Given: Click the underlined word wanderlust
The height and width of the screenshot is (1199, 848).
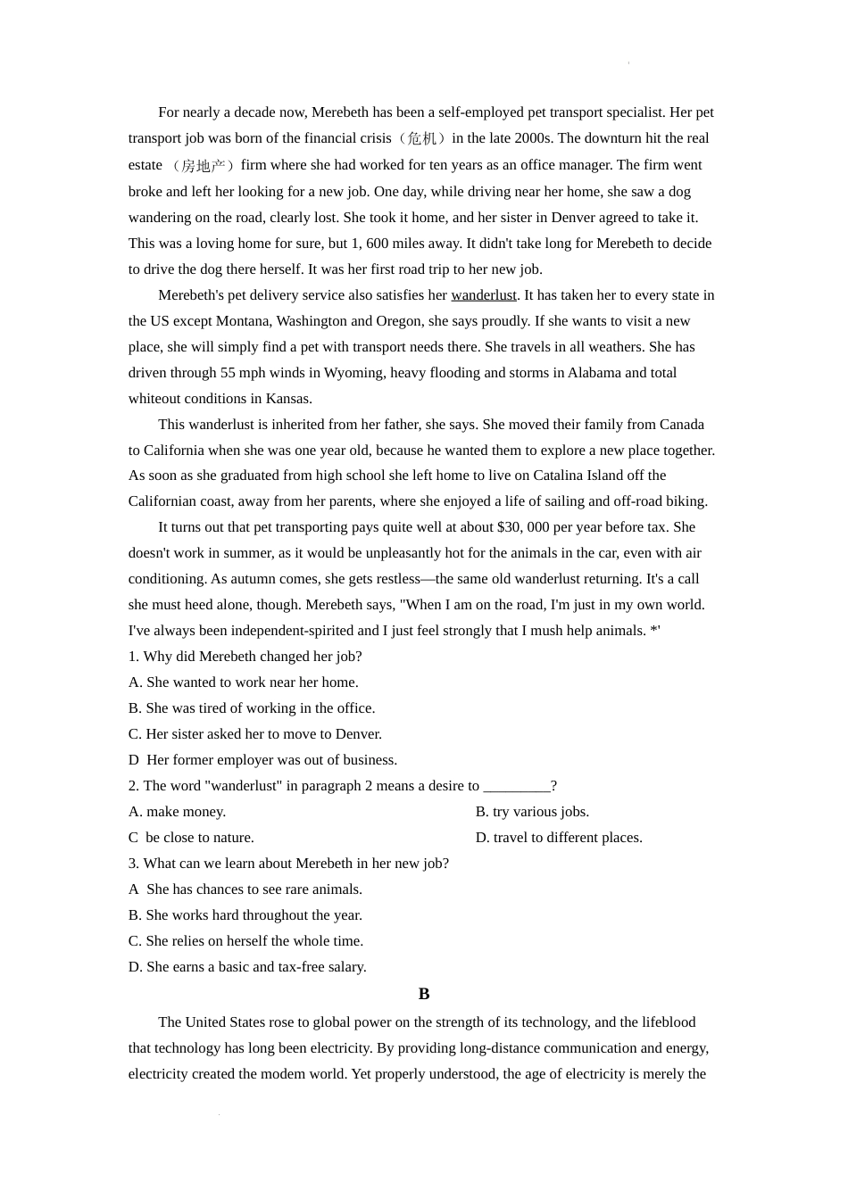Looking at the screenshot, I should [x=484, y=295].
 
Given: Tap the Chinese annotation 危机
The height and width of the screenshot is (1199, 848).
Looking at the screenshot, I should [x=421, y=138].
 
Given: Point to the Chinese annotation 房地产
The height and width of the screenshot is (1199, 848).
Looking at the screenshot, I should [x=204, y=165].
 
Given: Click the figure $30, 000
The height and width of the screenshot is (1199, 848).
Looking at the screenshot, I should [x=525, y=527].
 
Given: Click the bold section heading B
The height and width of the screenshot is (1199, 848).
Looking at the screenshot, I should [x=424, y=994].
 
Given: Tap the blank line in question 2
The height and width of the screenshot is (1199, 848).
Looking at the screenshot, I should [x=517, y=786].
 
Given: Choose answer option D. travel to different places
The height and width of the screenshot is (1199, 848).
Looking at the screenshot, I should [x=559, y=838].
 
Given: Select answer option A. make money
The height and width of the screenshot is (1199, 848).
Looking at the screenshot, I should [x=177, y=812].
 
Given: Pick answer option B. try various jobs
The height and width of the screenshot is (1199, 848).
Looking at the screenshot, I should [x=532, y=812].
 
